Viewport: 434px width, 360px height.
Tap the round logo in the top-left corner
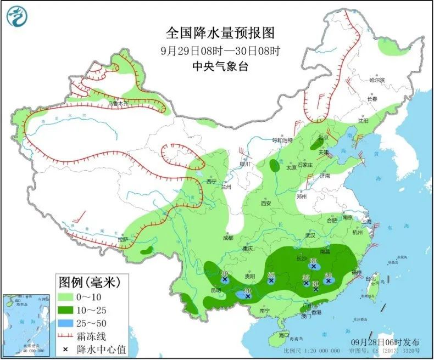(x=17, y=17)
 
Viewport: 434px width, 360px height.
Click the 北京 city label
(x=323, y=137)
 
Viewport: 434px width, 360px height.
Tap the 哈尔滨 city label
(x=377, y=80)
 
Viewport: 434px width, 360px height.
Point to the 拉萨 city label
(x=123, y=239)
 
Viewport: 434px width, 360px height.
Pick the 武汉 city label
(x=311, y=235)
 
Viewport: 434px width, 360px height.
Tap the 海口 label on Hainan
(x=283, y=334)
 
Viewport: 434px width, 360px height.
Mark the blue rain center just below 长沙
(x=313, y=266)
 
